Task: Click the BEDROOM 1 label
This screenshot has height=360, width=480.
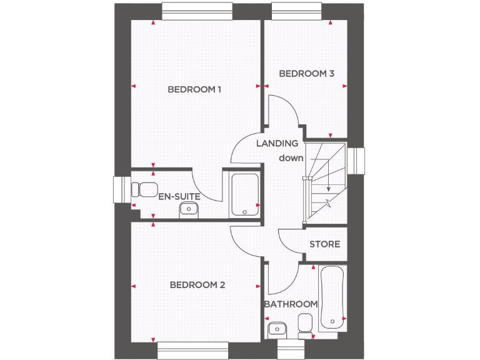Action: click(194, 89)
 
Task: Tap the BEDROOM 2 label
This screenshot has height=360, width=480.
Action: click(197, 285)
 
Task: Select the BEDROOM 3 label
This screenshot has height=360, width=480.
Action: click(306, 74)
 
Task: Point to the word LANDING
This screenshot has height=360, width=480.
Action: click(277, 143)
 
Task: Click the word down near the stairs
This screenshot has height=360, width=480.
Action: click(291, 158)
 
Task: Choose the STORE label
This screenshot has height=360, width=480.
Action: click(325, 244)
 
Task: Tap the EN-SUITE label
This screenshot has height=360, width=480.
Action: click(179, 196)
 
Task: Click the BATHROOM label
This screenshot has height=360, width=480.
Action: click(291, 304)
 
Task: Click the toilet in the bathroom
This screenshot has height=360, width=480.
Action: click(306, 326)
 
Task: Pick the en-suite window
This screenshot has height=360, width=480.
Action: click(121, 191)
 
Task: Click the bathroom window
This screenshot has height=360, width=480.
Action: click(289, 350)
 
